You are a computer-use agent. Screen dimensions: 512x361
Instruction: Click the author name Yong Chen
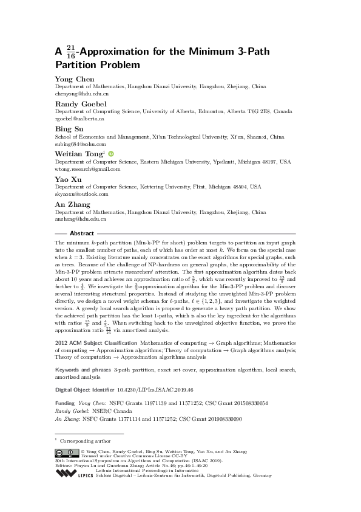click(x=71, y=79)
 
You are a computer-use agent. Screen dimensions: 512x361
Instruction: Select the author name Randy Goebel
click(x=76, y=104)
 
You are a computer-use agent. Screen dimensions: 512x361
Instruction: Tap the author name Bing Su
click(x=68, y=129)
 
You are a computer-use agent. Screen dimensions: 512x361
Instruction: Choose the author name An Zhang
click(x=70, y=204)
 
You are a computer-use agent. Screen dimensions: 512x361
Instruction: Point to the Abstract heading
click(x=82, y=234)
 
